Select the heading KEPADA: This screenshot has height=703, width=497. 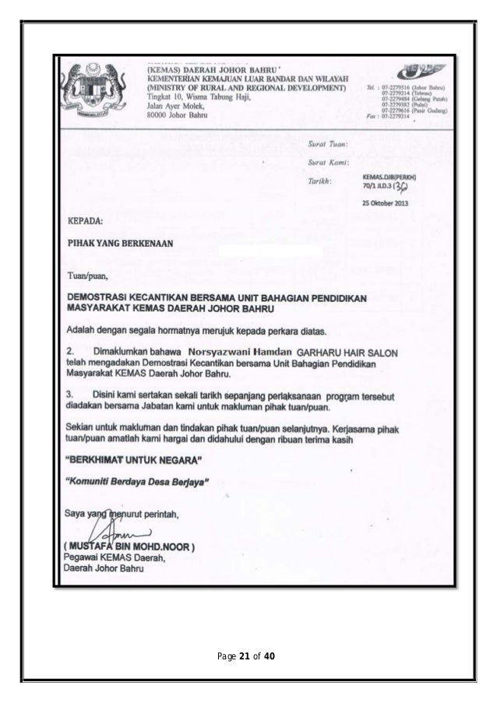[x=86, y=220]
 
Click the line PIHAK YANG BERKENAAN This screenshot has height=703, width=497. [x=119, y=243]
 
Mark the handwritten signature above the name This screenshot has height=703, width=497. [x=113, y=533]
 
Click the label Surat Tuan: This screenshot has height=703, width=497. [x=328, y=145]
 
